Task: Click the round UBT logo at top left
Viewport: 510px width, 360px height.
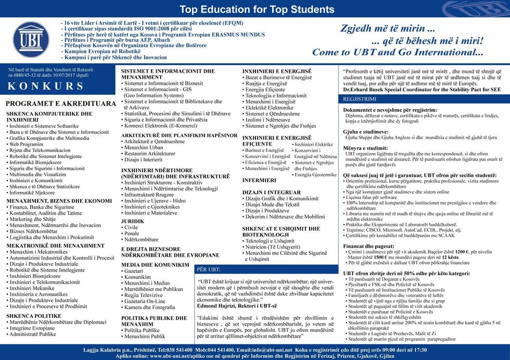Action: (x=31, y=40)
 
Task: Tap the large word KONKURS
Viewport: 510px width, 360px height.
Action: (x=45, y=86)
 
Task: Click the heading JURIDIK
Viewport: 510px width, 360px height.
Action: (x=133, y=221)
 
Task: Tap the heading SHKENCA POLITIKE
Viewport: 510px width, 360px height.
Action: (x=34, y=315)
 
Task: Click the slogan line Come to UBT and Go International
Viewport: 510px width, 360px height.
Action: (x=398, y=53)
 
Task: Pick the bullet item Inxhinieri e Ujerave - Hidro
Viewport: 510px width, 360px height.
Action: (x=155, y=200)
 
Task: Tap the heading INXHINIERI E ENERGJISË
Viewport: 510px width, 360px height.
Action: (x=277, y=71)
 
